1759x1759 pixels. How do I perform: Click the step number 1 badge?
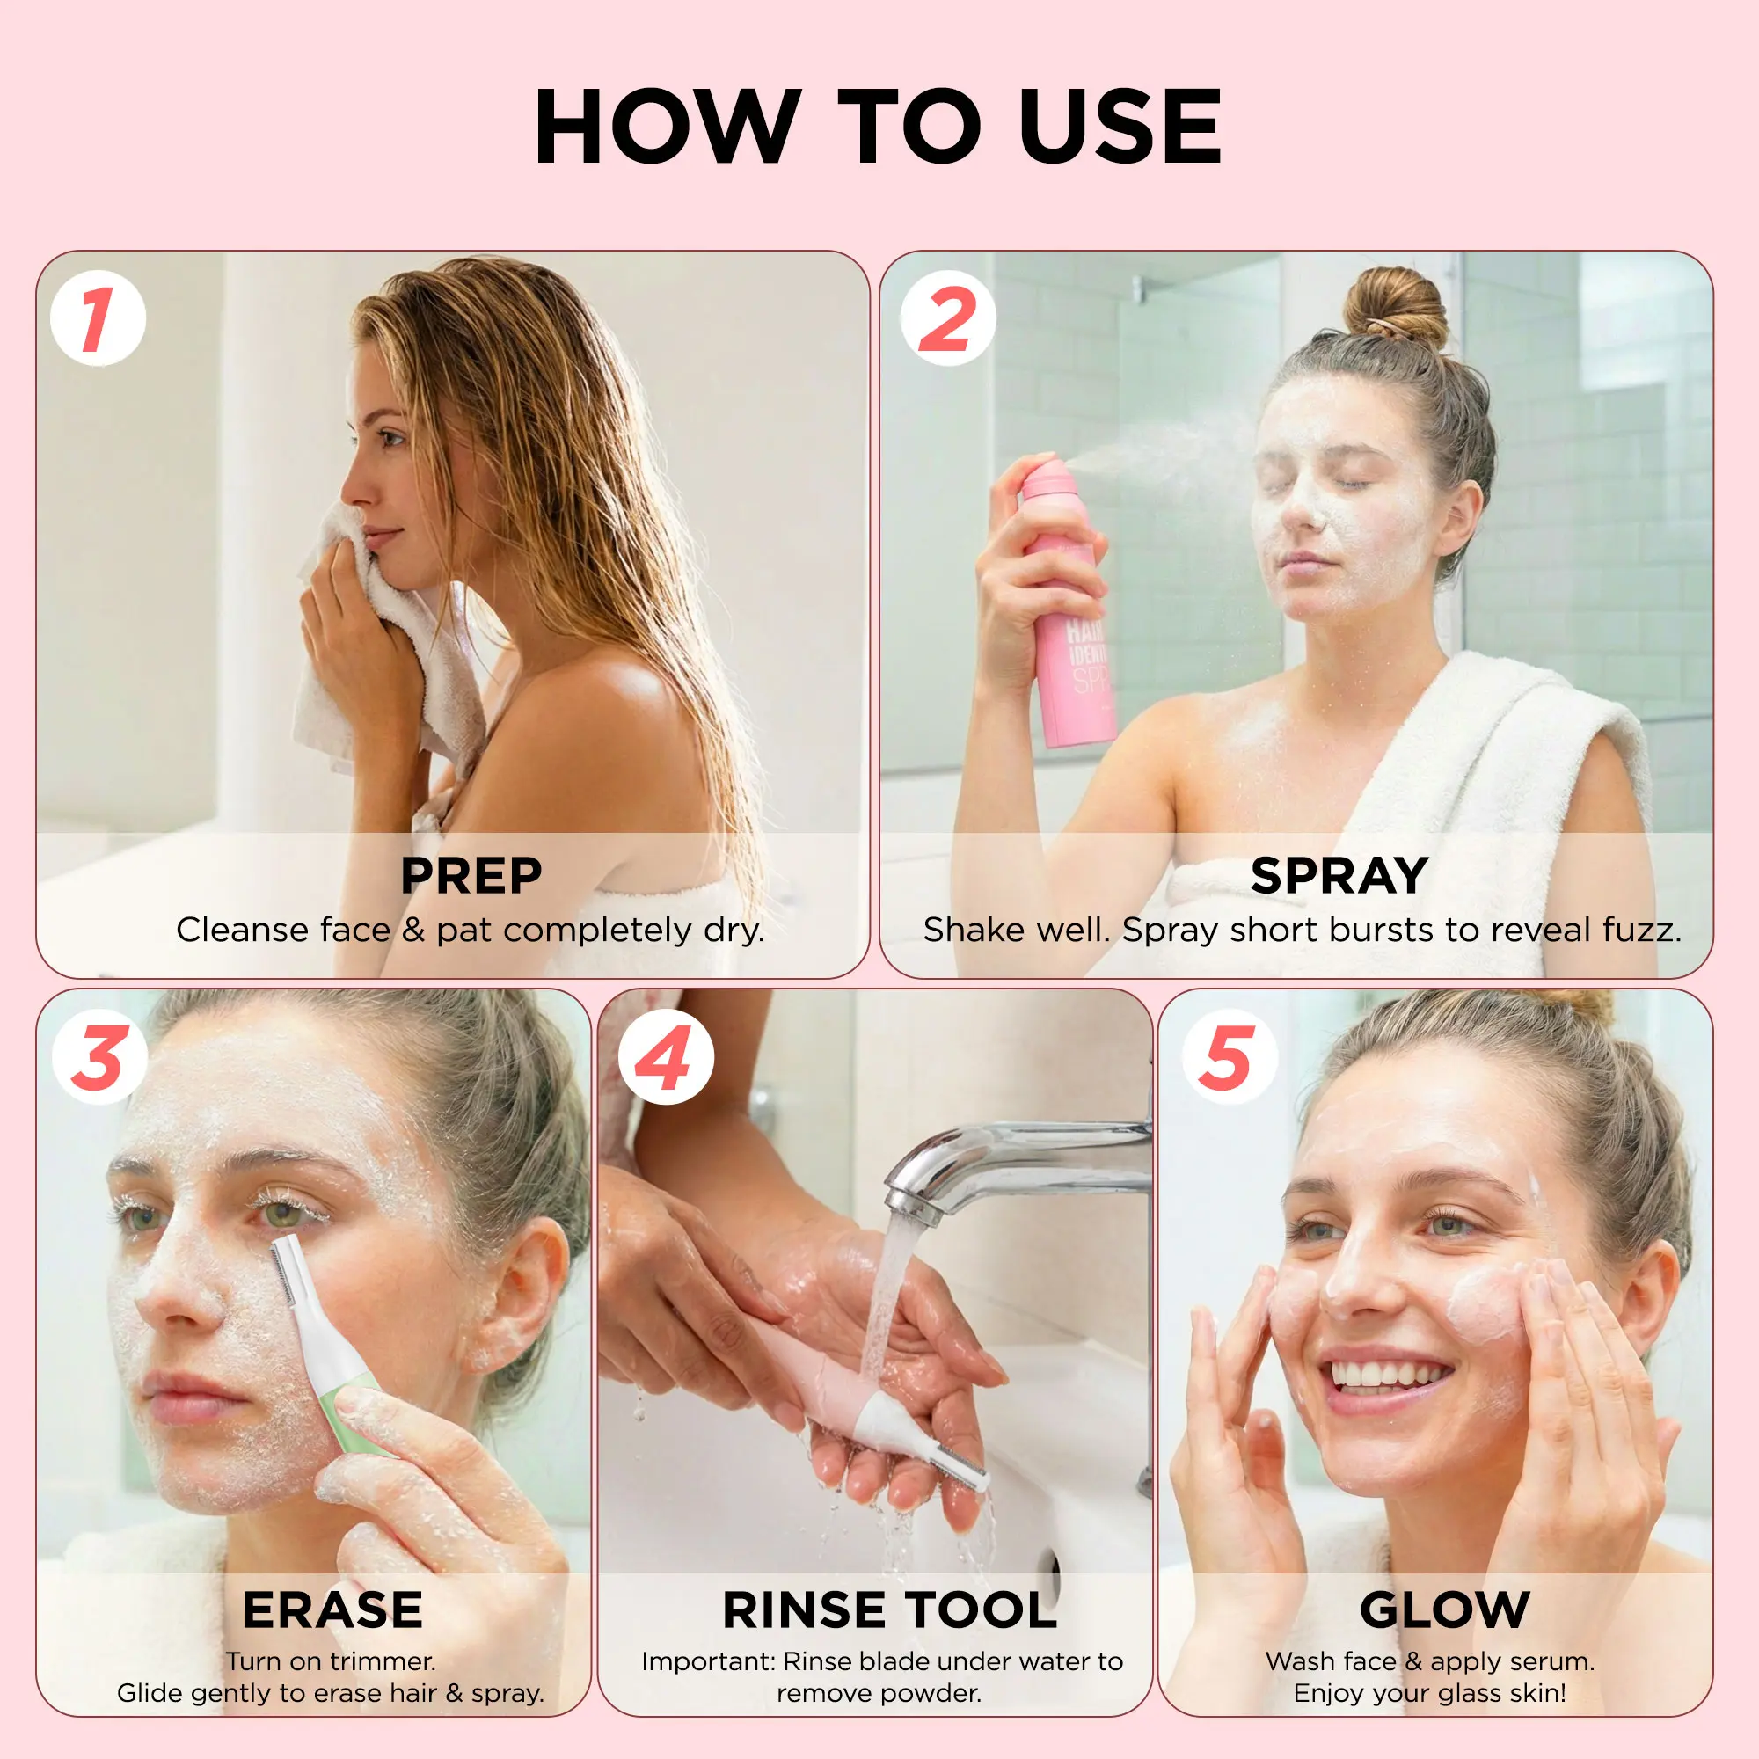click(x=99, y=318)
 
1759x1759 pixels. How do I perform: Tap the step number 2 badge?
click(x=948, y=318)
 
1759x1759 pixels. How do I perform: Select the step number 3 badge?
click(x=99, y=1057)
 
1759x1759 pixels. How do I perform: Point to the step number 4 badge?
click(x=666, y=1057)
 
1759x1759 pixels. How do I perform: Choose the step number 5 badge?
click(x=1230, y=1057)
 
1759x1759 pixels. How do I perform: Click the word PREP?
click(x=471, y=876)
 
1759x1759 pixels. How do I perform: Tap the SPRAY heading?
click(x=1339, y=876)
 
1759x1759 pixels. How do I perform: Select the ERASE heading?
click(x=332, y=1609)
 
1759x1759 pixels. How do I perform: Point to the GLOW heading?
click(x=1445, y=1609)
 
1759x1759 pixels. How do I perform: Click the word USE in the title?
click(x=1120, y=127)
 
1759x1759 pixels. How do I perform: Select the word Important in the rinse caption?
click(x=707, y=1661)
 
